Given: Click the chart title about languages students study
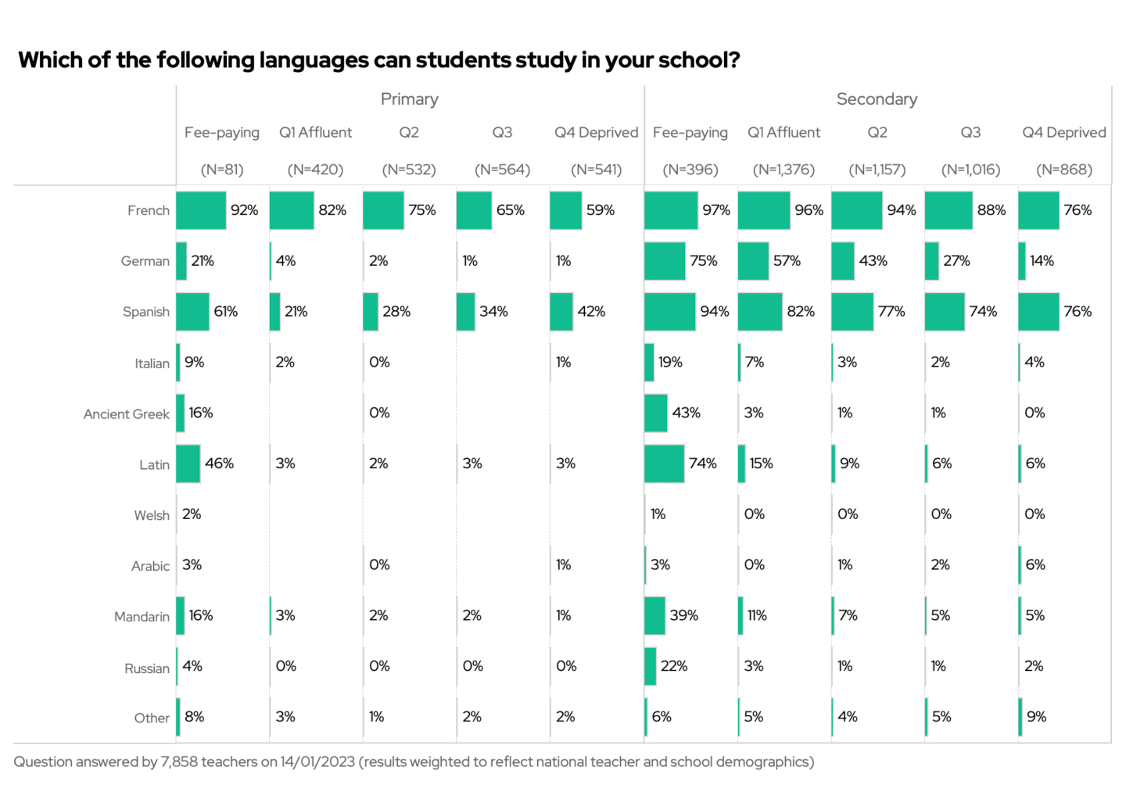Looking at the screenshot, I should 378,60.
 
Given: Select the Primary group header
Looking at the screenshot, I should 409,99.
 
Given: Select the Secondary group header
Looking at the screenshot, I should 877,99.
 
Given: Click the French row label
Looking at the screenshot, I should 148,210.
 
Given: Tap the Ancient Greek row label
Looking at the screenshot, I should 126,414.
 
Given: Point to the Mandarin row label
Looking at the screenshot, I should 142,617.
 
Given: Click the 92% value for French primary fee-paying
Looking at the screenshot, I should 244,210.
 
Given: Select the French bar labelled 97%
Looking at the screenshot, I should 671,210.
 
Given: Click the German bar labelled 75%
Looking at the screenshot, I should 665,261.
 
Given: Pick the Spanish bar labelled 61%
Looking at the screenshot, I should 192,312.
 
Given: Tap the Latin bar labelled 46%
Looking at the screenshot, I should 188,464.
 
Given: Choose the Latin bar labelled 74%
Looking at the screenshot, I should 664,464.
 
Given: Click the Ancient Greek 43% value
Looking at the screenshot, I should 686,413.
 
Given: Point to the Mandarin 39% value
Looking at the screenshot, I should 683,615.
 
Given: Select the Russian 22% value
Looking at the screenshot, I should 673,666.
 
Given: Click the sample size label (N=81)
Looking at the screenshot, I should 222,170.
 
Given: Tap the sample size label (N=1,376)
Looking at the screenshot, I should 784,170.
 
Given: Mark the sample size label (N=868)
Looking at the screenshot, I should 1063,170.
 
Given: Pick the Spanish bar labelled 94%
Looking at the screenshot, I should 669,312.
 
